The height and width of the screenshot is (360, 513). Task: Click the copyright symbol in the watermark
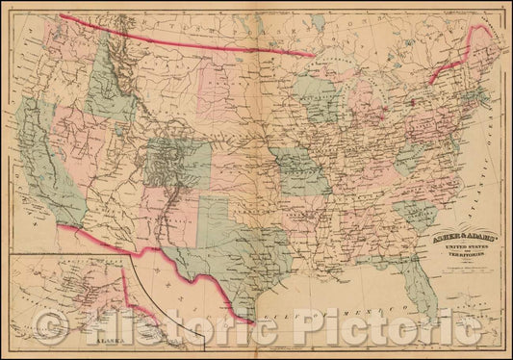pos(54,328)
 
